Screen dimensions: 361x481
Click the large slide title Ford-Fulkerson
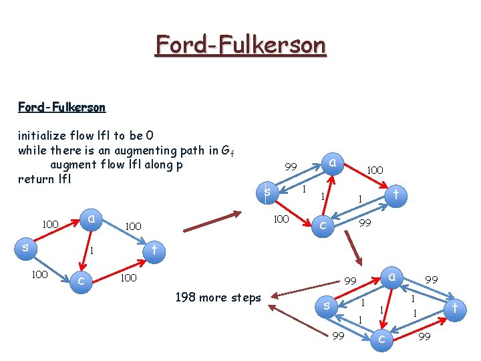[240, 45]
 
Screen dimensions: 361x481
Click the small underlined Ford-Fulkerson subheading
[61, 106]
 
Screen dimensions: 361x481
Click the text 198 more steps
[218, 297]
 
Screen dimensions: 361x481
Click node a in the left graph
[95, 218]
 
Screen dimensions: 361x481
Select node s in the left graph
[25, 247]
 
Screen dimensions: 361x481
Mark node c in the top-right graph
[323, 225]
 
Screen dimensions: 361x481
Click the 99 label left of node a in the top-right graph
[291, 166]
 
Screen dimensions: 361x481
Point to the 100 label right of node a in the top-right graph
[375, 170]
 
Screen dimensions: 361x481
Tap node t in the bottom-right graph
[455, 309]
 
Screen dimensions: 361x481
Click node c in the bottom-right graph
[382, 340]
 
